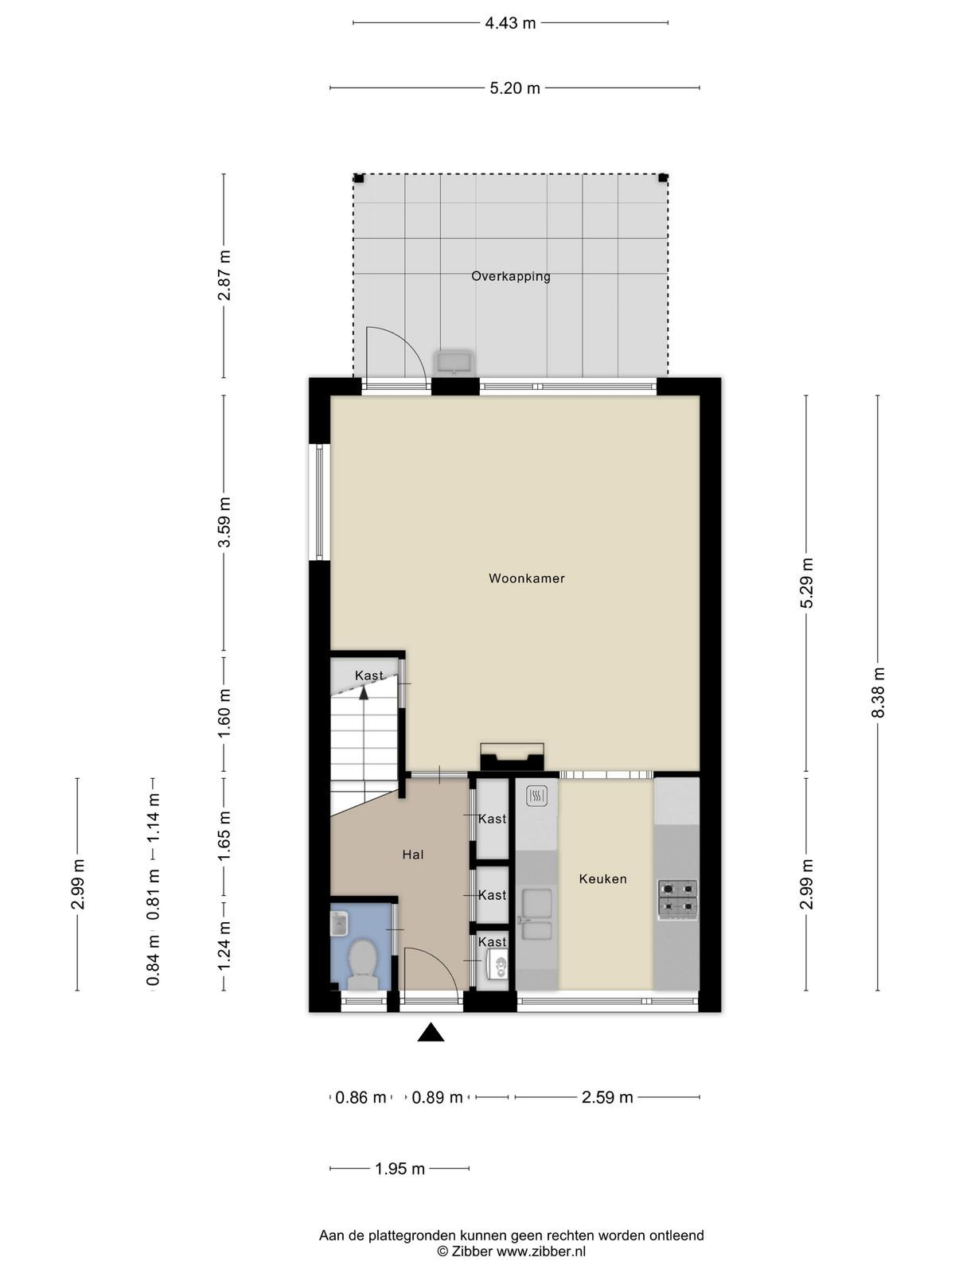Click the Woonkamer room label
pos(527,578)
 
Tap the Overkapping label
pos(511,277)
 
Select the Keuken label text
pos(603,878)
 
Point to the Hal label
pos(413,855)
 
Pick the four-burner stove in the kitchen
pos(677,899)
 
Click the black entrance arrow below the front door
pos(431,1032)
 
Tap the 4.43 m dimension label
pos(510,23)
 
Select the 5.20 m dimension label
pos(515,88)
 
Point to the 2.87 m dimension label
pos(224,275)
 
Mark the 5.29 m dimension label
pos(806,583)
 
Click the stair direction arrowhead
pos(364,692)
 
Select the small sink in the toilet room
pos(338,924)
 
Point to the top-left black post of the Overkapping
pos(359,178)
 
